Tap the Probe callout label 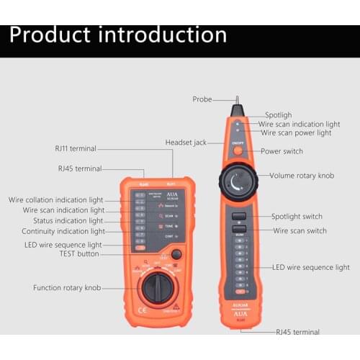click(202, 99)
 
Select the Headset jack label click(186, 143)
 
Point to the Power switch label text click(282, 151)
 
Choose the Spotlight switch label click(297, 216)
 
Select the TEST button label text click(78, 254)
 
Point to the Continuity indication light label click(63, 232)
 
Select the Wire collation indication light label click(56, 199)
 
